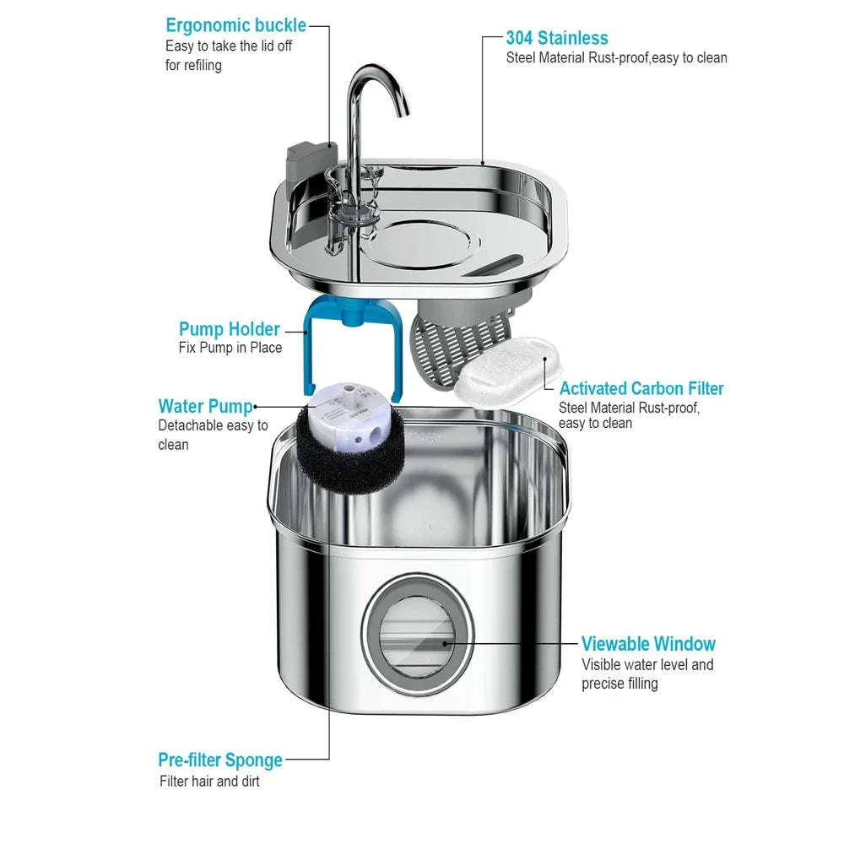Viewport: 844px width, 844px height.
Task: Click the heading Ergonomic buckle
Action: pyautogui.click(x=235, y=25)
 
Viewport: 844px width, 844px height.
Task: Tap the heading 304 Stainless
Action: pyautogui.click(x=556, y=38)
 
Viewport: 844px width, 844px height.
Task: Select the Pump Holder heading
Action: pyautogui.click(x=229, y=329)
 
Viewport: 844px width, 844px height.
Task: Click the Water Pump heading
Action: pyautogui.click(x=205, y=407)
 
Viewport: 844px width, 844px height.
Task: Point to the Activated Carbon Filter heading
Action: pyautogui.click(x=641, y=389)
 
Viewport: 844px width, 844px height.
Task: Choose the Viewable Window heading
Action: pyautogui.click(x=648, y=645)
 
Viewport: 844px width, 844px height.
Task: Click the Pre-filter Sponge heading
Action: pyautogui.click(x=219, y=760)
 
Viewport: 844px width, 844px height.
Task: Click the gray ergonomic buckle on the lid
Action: pyautogui.click(x=310, y=160)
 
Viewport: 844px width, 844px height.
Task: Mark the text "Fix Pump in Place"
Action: pyautogui.click(x=230, y=348)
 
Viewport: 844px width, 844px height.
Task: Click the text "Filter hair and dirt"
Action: pyautogui.click(x=209, y=782)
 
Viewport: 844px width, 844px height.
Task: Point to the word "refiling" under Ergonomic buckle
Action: pyautogui.click(x=193, y=66)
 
